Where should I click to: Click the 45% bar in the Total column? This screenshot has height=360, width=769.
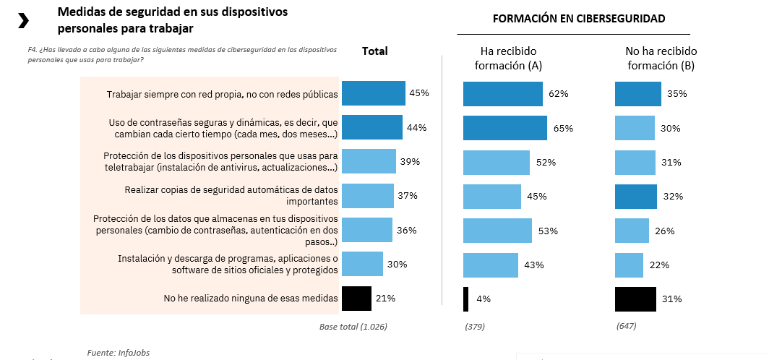[373, 93]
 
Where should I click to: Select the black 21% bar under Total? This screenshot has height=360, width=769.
[356, 298]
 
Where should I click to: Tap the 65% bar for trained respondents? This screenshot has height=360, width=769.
[504, 128]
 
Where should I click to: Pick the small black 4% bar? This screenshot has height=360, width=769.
[465, 298]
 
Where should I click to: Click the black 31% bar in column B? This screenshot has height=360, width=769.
[635, 299]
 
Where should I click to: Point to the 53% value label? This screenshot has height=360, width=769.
[548, 231]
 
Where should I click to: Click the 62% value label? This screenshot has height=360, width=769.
[558, 94]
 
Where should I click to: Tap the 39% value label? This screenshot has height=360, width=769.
[410, 162]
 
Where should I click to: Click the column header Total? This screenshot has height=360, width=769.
[374, 51]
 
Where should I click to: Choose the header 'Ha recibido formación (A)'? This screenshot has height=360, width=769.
[508, 59]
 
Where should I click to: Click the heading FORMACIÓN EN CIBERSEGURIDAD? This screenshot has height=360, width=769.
[579, 18]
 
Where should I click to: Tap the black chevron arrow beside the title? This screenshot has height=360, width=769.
[23, 21]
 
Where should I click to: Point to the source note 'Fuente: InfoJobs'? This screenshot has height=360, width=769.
[118, 352]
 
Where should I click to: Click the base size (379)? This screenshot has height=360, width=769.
[474, 327]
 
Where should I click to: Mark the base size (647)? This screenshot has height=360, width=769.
[627, 327]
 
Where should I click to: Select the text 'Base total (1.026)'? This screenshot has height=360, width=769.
[353, 327]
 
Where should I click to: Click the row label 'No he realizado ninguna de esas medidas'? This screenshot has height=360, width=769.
[251, 298]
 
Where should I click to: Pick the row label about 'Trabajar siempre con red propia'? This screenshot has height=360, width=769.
[222, 94]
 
